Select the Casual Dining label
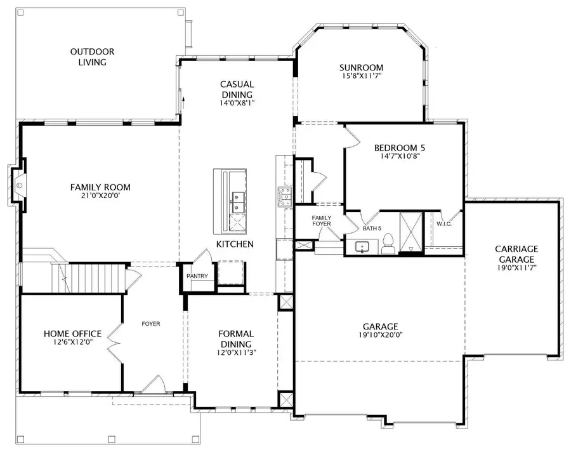237,90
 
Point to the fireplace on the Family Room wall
19,185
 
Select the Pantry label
197,276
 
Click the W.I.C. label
443,223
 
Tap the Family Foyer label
322,221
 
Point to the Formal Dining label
236,338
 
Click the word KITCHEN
235,244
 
